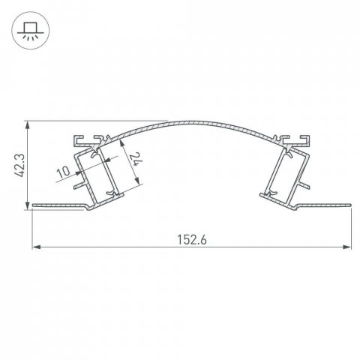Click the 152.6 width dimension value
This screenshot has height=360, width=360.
pos(193,240)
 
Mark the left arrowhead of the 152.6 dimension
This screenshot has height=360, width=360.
pos(34,246)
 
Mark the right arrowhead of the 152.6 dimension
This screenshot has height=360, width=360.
pos(349,246)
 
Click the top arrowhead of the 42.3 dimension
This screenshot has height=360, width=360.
pos(28,122)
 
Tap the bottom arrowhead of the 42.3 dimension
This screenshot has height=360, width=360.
pos(28,202)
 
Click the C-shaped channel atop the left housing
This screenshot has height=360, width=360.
pos(84,139)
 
